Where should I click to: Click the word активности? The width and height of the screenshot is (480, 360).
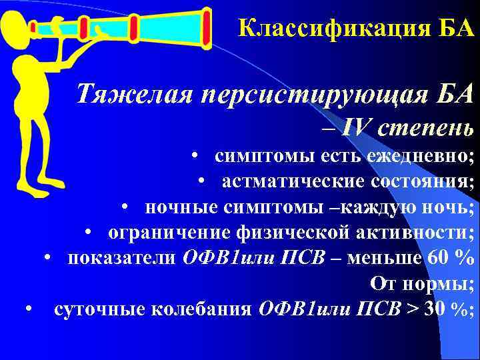pyautogui.click(x=413, y=233)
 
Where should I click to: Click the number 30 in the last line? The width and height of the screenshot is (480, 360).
pyautogui.click(x=435, y=309)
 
